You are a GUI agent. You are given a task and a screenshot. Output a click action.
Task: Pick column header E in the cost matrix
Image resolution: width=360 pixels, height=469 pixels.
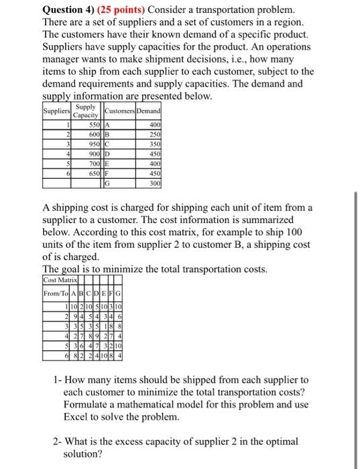tap(105, 291)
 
